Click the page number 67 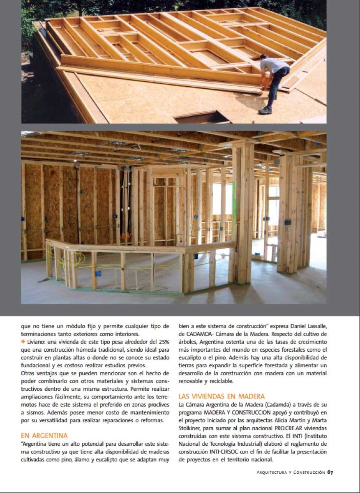click(x=330, y=472)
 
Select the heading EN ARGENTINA click(x=44, y=435)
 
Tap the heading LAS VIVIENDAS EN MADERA click(x=222, y=396)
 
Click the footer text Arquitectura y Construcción click(x=291, y=472)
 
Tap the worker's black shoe click(x=265, y=110)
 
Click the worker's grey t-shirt click(x=273, y=66)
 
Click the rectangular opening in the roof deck click(x=201, y=117)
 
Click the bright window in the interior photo click(x=222, y=199)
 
